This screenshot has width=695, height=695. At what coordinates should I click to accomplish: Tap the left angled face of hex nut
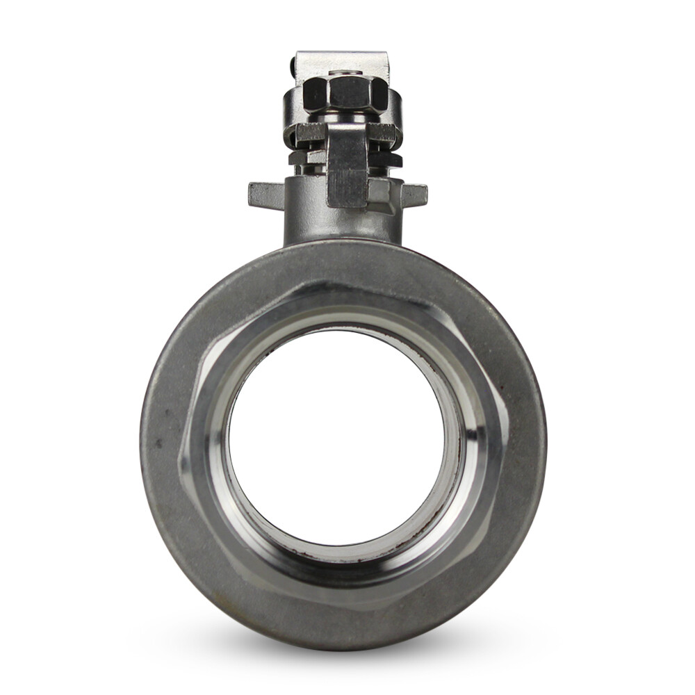pos(314,93)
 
